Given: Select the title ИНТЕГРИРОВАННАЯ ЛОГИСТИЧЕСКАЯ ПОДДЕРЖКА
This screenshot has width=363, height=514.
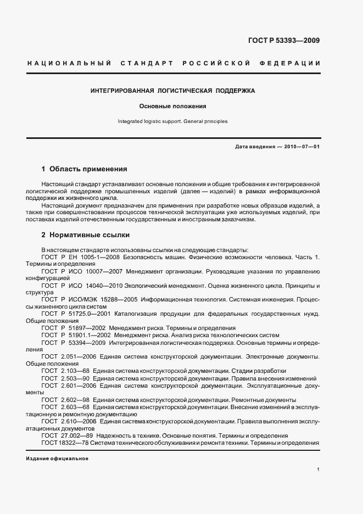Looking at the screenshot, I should pyautogui.click(x=172, y=90).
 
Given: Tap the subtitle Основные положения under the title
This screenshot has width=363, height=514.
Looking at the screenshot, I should pyautogui.click(x=172, y=106).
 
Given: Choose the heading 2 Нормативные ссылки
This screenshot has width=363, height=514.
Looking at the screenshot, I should pyautogui.click(x=85, y=235).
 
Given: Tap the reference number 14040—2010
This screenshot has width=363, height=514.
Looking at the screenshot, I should pyautogui.click(x=104, y=286).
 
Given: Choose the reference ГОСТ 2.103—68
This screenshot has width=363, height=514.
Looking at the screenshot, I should pyautogui.click(x=67, y=371).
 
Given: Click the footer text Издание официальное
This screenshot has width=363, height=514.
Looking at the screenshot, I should pyautogui.click(x=57, y=458).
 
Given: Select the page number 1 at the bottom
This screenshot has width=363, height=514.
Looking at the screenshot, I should pyautogui.click(x=319, y=470).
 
